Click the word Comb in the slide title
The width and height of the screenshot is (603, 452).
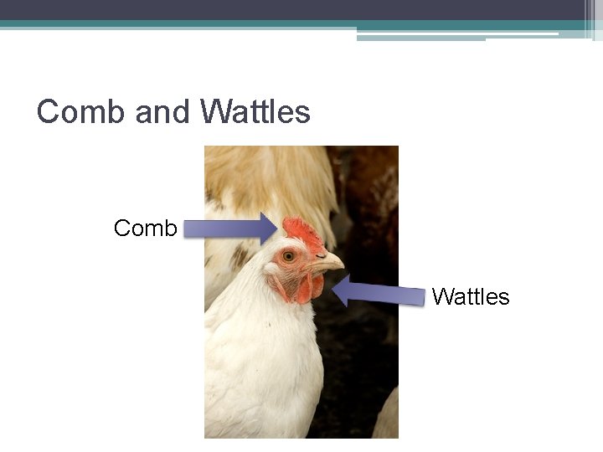tap(81, 112)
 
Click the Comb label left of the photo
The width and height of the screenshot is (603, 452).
tap(146, 228)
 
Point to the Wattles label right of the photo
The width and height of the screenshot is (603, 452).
tap(471, 296)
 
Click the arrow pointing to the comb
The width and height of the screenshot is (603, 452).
tap(229, 228)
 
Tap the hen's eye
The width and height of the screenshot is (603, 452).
tap(289, 255)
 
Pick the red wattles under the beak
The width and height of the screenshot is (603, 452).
tap(307, 288)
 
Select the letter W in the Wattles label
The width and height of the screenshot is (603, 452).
tap(441, 296)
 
